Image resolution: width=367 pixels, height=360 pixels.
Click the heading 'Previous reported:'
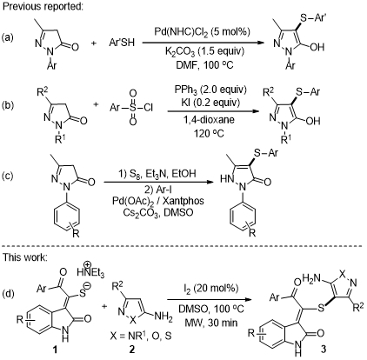click(x=43, y=7)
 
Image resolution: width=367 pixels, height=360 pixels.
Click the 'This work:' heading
click(x=24, y=257)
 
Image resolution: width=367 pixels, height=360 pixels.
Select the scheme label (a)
click(x=8, y=37)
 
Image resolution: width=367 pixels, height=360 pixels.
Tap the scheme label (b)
click(x=8, y=105)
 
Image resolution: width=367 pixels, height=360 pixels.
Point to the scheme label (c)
click(x=8, y=176)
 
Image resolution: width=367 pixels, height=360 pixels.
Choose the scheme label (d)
click(x=8, y=293)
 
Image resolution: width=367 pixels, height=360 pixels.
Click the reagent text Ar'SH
click(x=122, y=43)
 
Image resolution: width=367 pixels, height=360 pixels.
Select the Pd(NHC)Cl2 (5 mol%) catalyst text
click(x=201, y=32)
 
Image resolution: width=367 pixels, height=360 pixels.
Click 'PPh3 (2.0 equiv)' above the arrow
click(x=210, y=90)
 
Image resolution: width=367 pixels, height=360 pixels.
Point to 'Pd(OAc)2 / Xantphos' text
click(x=158, y=201)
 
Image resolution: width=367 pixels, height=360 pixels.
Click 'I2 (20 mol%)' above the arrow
click(x=210, y=289)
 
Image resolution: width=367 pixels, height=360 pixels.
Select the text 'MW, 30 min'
click(x=208, y=323)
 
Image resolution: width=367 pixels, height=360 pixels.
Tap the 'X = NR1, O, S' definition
click(x=141, y=336)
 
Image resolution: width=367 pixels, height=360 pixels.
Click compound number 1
click(x=55, y=350)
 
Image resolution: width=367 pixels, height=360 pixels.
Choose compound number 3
click(x=324, y=349)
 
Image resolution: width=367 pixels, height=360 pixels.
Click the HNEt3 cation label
click(x=90, y=271)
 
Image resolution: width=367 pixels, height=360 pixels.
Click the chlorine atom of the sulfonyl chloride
click(x=148, y=108)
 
